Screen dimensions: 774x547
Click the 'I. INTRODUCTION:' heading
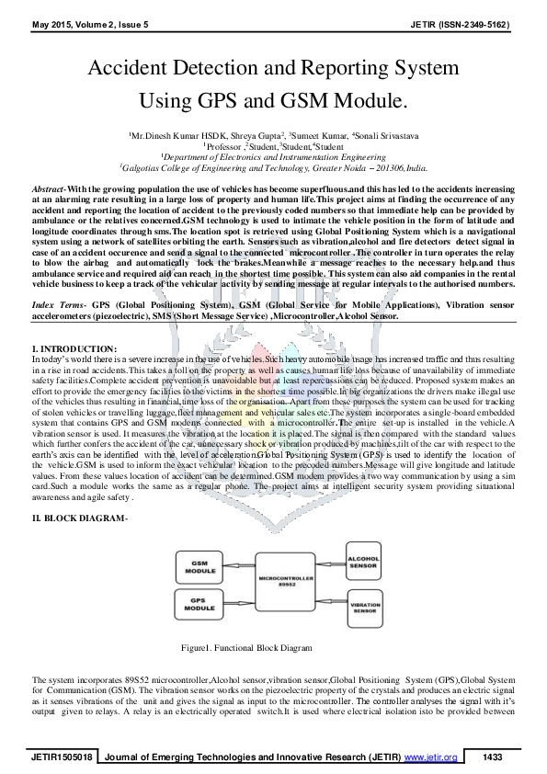(x=74, y=348)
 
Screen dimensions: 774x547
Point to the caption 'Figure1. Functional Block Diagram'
(x=246, y=648)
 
